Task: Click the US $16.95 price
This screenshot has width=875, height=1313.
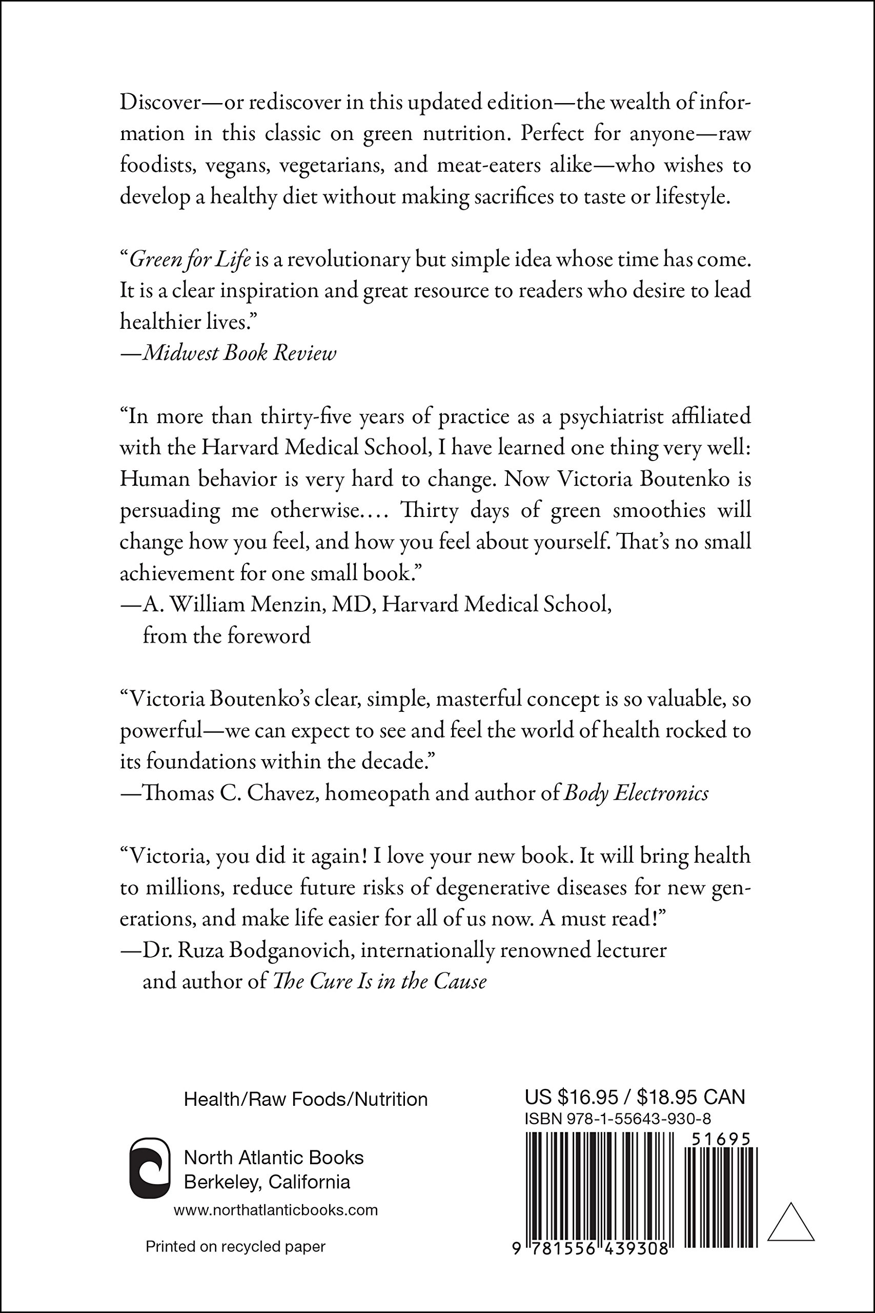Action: [572, 1097]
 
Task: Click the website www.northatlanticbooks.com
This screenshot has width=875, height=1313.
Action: [276, 1210]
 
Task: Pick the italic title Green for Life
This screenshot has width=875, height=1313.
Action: [190, 260]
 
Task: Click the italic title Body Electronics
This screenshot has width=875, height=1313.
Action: [636, 793]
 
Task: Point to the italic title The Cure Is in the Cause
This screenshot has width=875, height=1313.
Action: [379, 981]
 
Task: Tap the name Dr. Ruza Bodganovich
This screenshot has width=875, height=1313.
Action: [248, 949]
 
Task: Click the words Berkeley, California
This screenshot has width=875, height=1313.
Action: [267, 1182]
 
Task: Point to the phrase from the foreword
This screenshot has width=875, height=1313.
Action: [227, 635]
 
